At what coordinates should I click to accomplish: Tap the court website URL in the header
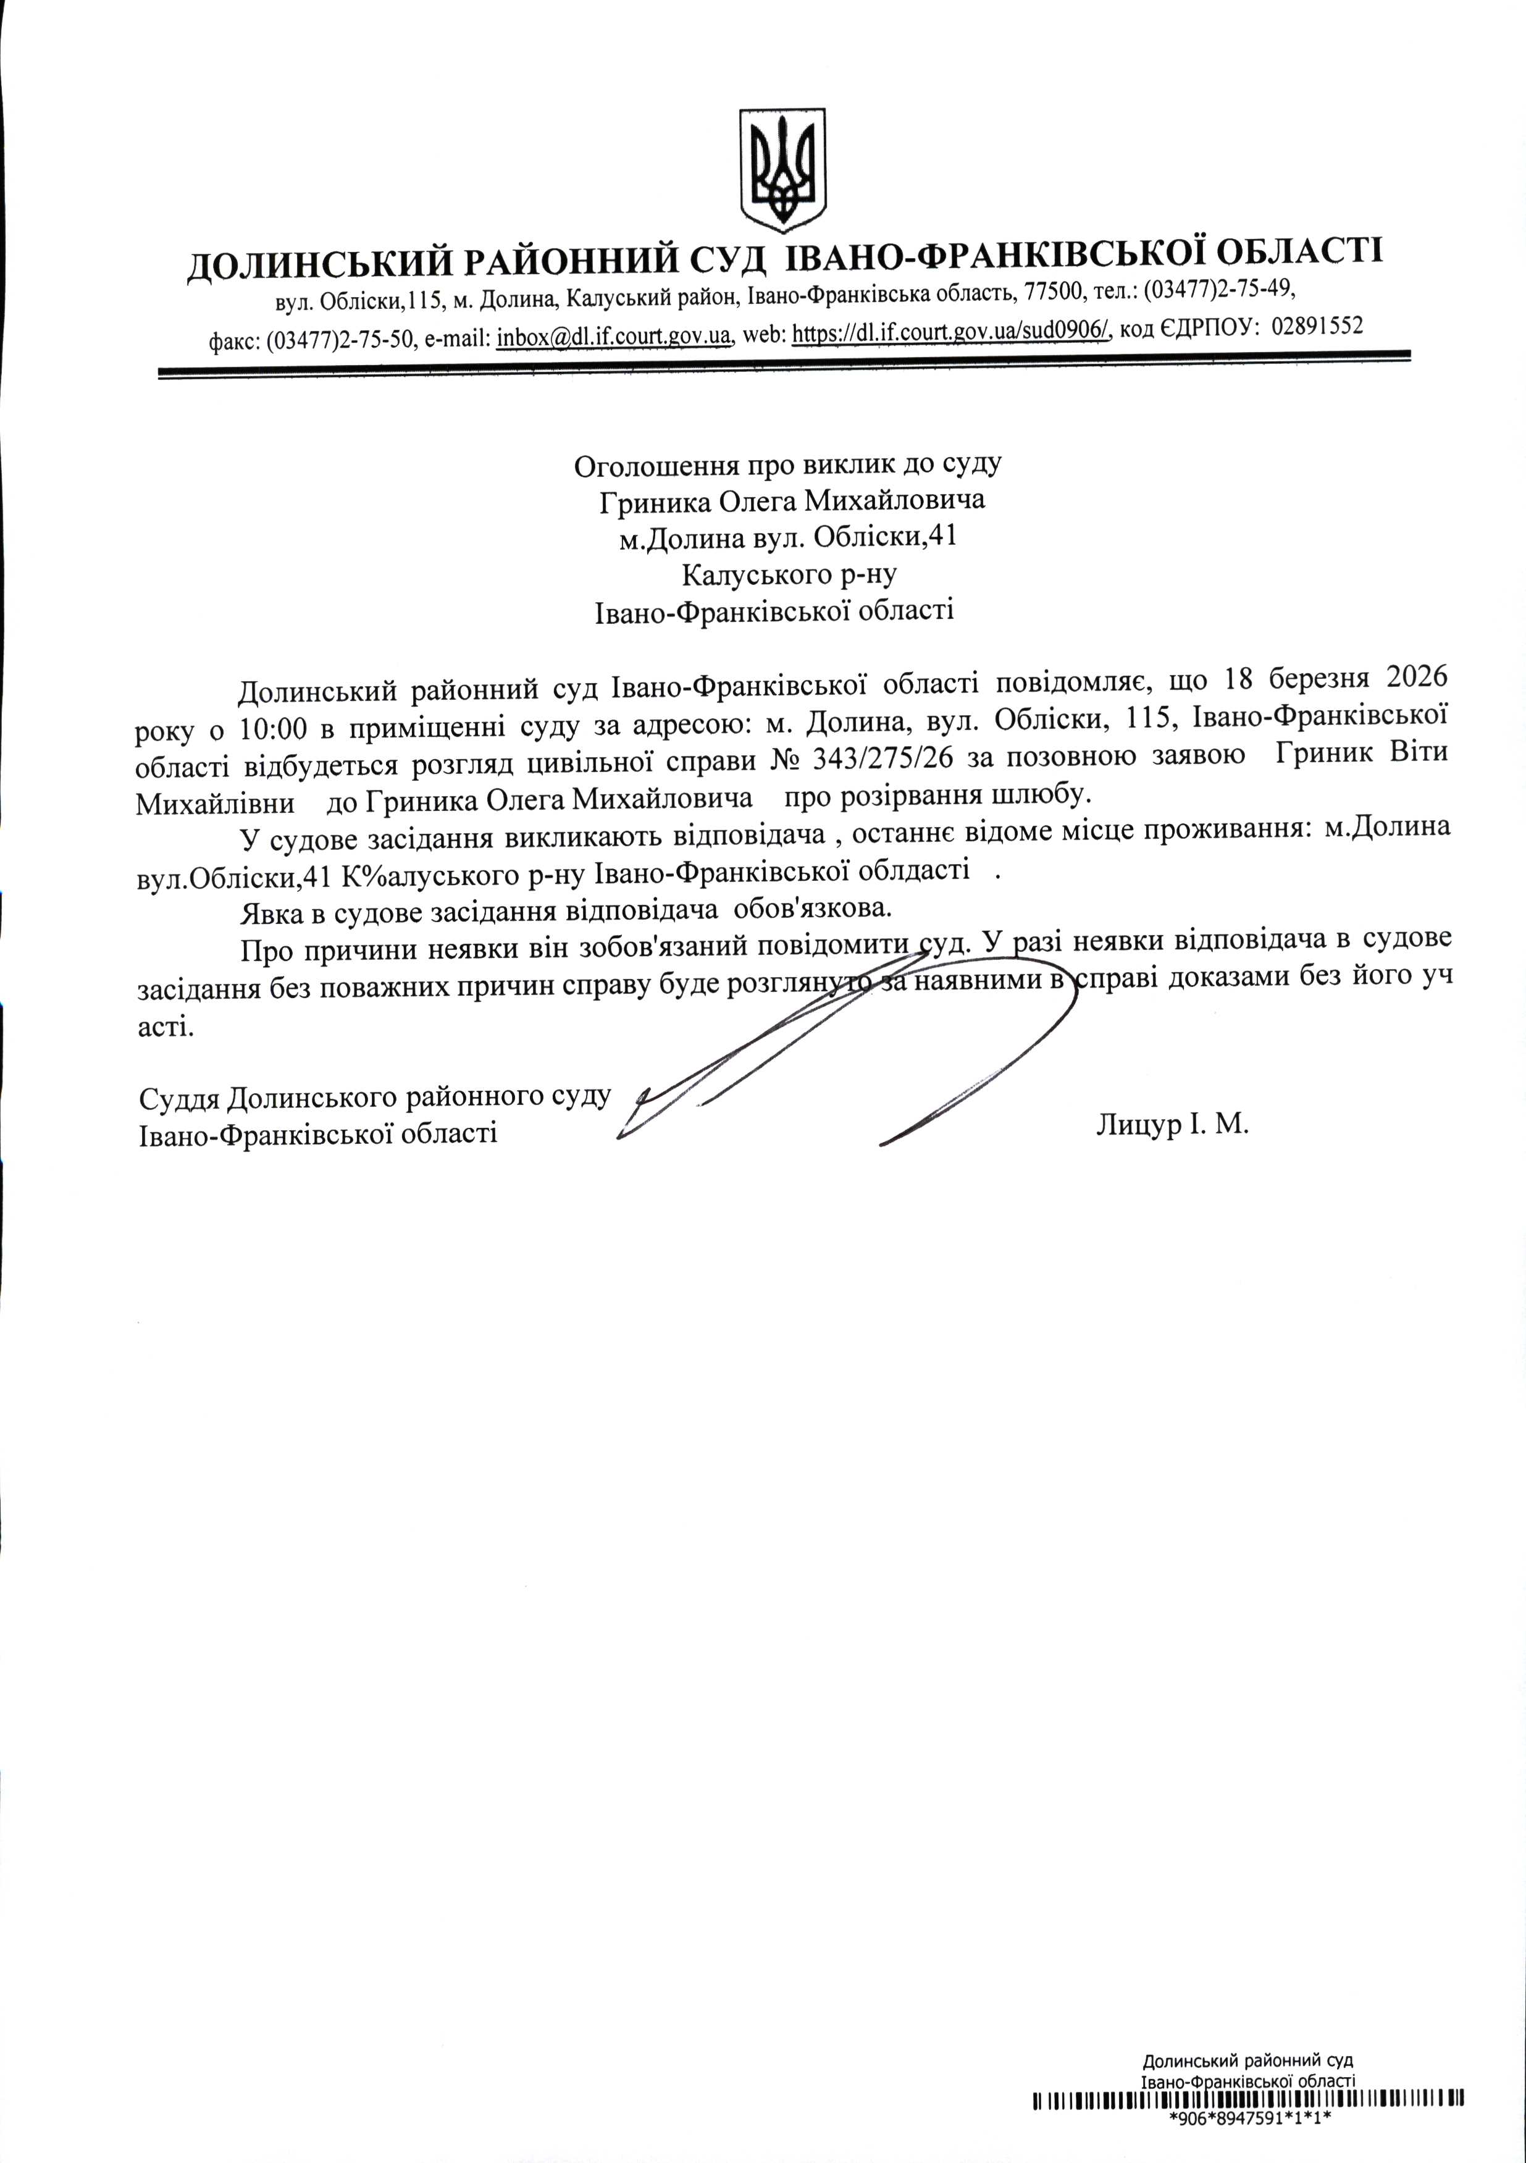pyautogui.click(x=952, y=332)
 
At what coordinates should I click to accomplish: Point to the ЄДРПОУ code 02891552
pyautogui.click(x=1317, y=326)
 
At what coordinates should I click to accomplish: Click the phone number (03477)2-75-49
pyautogui.click(x=1220, y=287)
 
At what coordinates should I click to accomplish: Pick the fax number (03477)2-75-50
pyautogui.click(x=340, y=341)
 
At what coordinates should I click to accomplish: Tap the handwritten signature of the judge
pyautogui.click(x=848, y=1046)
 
